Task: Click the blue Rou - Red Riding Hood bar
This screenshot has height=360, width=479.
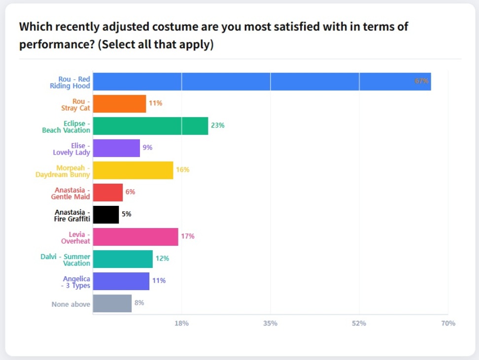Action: (261, 82)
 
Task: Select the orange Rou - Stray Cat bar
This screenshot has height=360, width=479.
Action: (119, 103)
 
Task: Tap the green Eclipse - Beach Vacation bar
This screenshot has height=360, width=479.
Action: (150, 126)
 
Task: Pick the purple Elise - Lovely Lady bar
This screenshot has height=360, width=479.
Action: (116, 148)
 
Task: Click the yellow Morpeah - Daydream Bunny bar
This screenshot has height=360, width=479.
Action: (133, 170)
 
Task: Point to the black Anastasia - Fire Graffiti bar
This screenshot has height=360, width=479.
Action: (106, 214)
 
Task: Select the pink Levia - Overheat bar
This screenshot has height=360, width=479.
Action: (136, 236)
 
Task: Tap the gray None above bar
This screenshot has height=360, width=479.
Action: (112, 303)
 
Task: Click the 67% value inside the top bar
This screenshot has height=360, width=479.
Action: (422, 81)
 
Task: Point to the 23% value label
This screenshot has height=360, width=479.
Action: (218, 126)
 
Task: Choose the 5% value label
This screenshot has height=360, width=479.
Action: (127, 214)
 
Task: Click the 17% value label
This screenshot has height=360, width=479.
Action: (188, 236)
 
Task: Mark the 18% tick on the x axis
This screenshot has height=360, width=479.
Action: (182, 324)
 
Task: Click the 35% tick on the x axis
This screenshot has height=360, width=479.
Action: (271, 324)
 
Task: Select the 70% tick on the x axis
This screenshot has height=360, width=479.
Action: (448, 324)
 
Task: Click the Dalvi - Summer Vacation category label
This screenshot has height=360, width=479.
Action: (66, 260)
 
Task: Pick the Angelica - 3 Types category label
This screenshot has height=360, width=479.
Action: (76, 282)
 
